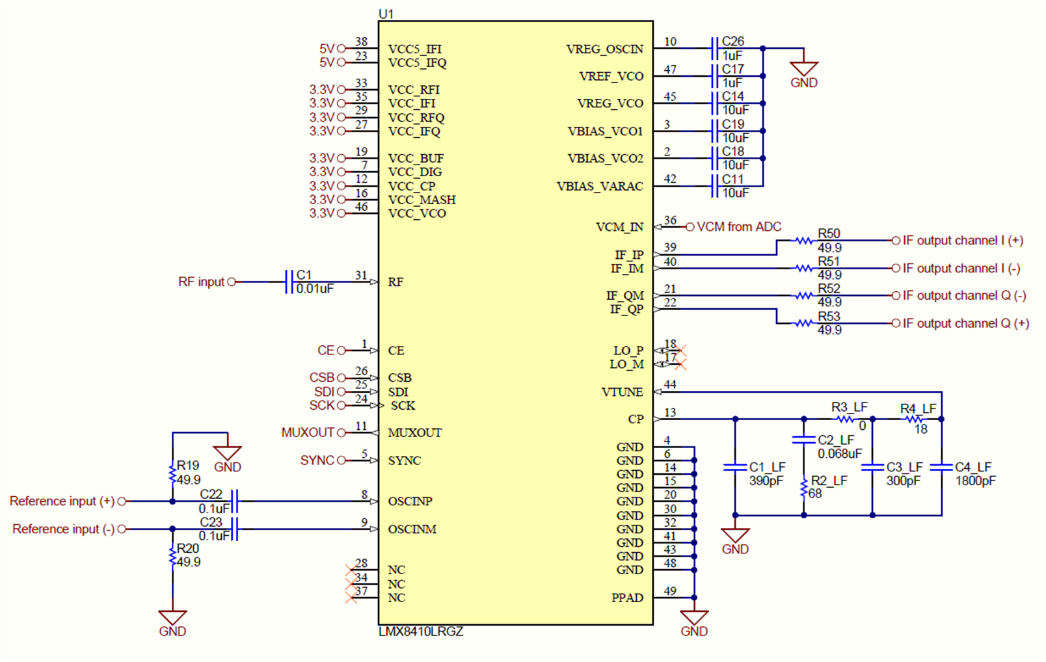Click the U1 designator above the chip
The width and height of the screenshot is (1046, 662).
point(386,14)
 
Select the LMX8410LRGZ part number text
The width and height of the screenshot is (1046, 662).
point(421,631)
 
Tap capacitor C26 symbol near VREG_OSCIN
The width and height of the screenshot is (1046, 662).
point(714,48)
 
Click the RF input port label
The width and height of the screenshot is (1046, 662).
point(201,282)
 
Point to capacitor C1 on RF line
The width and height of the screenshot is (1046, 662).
point(289,282)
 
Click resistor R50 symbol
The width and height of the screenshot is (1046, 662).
point(804,241)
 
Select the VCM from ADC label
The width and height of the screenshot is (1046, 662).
point(739,227)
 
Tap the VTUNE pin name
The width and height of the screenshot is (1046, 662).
point(622,392)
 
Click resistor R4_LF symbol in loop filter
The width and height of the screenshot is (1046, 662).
point(915,419)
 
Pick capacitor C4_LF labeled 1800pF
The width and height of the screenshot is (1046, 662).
point(941,467)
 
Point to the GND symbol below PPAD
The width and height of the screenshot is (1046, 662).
point(694,618)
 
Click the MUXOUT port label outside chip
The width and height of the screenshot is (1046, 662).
point(307,432)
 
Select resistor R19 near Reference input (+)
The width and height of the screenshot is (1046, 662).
point(172,473)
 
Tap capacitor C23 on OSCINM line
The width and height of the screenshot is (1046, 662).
point(235,529)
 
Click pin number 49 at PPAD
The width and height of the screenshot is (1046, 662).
point(670,591)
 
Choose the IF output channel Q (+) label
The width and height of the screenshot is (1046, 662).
point(965,323)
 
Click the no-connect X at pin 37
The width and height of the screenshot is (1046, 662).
point(351,597)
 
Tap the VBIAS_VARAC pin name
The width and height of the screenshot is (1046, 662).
point(599,187)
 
